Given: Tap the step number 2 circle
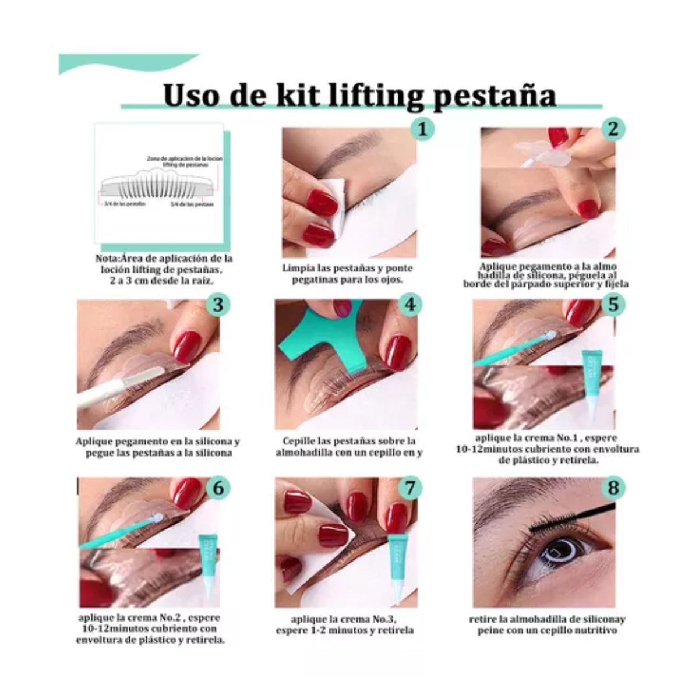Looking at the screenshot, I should point(612,129).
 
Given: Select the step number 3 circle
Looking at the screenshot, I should point(218,304).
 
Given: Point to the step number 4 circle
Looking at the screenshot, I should point(410,304).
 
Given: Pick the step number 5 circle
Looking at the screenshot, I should point(612,304).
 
